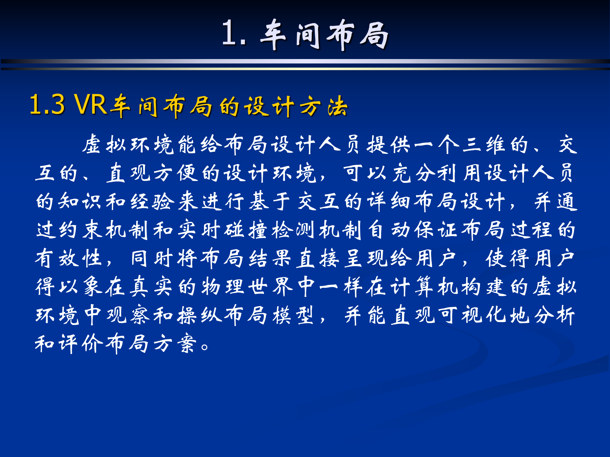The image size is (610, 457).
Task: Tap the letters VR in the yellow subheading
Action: (x=91, y=105)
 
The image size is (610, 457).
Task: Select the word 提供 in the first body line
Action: (x=389, y=145)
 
